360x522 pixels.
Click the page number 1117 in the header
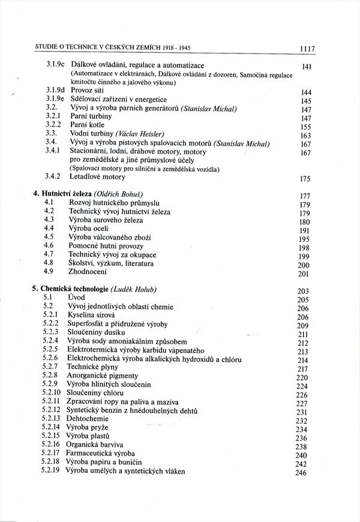(305, 49)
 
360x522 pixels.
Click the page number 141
(307, 68)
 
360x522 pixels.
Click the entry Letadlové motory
(97, 176)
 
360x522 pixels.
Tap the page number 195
(303, 239)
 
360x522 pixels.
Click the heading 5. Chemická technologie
(70, 289)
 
